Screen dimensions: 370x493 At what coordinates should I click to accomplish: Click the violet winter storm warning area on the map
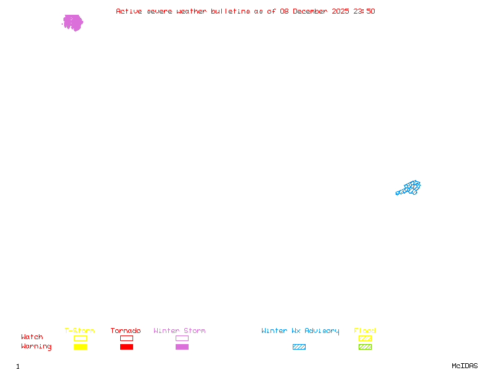(73, 23)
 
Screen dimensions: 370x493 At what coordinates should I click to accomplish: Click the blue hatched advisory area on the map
(410, 187)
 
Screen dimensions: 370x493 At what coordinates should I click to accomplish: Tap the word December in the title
(314, 11)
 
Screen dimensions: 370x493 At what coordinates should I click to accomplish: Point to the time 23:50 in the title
(363, 11)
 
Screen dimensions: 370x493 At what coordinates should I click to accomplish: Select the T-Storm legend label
(79, 331)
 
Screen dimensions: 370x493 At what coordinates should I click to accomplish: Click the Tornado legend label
(126, 331)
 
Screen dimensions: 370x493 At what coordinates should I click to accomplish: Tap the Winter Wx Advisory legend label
(300, 331)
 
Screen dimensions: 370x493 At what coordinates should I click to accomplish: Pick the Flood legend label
(365, 331)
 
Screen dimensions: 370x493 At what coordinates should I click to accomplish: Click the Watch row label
(32, 337)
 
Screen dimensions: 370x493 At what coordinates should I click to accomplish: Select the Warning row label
(36, 347)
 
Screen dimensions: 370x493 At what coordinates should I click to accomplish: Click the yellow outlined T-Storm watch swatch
(80, 338)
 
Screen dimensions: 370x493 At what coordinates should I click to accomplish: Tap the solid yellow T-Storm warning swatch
(80, 347)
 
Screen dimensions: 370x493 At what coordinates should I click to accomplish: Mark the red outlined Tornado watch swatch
(126, 338)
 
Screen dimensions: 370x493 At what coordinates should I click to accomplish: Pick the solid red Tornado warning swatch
(126, 347)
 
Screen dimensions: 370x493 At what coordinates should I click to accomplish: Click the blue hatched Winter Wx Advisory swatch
(299, 347)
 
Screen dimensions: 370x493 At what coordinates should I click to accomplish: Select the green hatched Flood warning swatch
(365, 347)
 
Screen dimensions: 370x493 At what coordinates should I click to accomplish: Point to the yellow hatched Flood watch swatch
(365, 338)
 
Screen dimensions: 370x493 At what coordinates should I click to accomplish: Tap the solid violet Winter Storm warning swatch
(182, 347)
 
